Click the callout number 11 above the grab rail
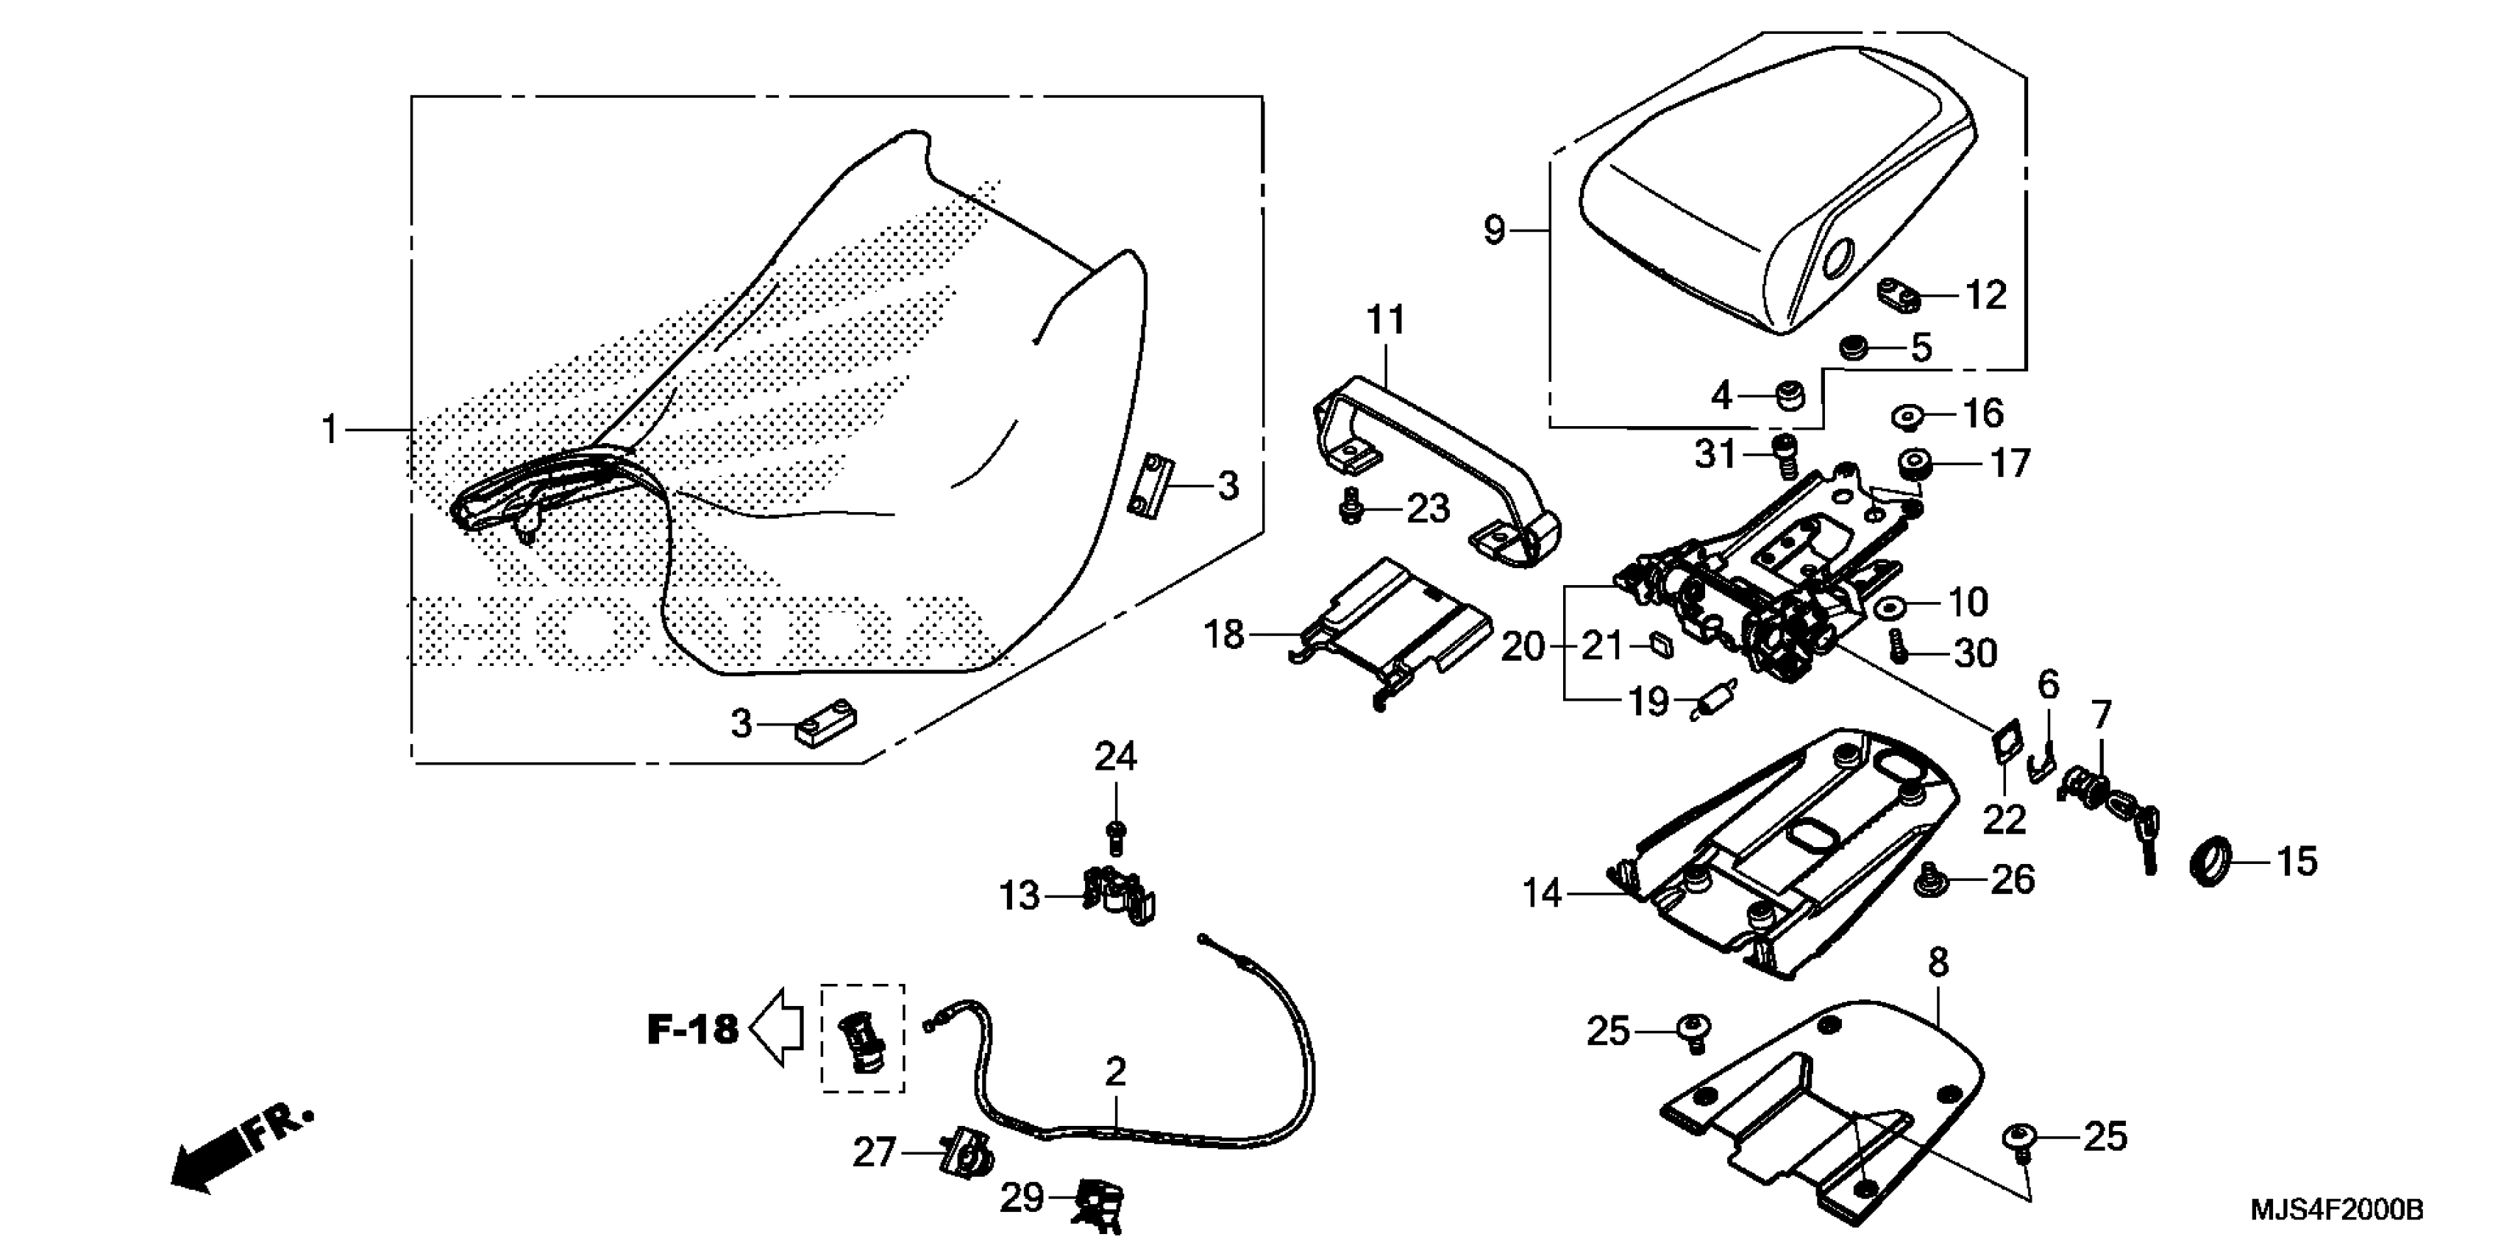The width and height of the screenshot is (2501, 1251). (1385, 319)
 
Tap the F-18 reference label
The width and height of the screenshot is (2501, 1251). (692, 1029)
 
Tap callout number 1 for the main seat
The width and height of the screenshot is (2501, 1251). (330, 429)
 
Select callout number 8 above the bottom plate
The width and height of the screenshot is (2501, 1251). (1938, 963)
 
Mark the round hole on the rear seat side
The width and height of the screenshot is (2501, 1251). (1837, 258)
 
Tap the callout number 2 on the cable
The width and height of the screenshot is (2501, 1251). (1116, 1072)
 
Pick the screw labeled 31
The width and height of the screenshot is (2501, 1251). (1785, 456)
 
